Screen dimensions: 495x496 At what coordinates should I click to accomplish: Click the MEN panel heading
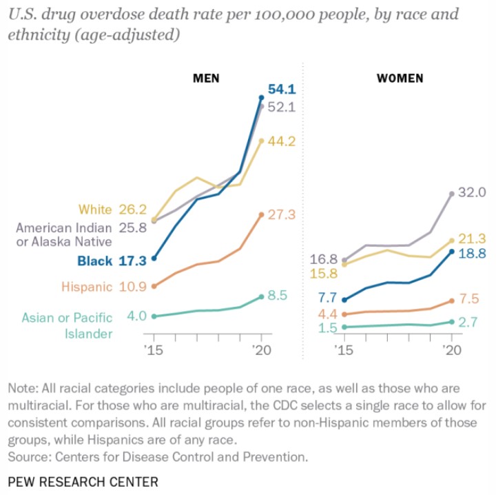coord(205,78)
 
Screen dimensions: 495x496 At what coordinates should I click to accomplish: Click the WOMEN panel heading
coord(400,78)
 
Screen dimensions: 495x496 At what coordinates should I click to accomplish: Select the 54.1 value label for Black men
coord(281,89)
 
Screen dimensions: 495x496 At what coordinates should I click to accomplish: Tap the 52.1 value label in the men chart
coord(281,107)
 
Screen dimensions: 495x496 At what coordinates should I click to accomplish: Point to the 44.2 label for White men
coord(281,141)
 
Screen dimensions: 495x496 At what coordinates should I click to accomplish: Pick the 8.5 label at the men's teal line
coord(277,296)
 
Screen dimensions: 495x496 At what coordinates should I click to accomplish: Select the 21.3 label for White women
coord(473,239)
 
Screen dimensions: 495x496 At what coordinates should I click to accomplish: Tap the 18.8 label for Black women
coord(473,253)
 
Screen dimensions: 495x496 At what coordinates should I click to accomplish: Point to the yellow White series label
coord(95,209)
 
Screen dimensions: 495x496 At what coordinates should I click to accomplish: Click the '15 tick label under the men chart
coord(154,350)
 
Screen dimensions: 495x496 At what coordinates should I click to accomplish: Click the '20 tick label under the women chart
coord(451,350)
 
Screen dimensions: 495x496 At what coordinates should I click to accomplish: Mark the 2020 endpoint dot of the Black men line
coord(261,98)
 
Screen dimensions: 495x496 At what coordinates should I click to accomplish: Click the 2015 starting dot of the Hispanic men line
coord(154,286)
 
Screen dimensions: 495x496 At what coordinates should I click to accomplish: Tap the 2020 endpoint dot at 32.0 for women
coord(452,194)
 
